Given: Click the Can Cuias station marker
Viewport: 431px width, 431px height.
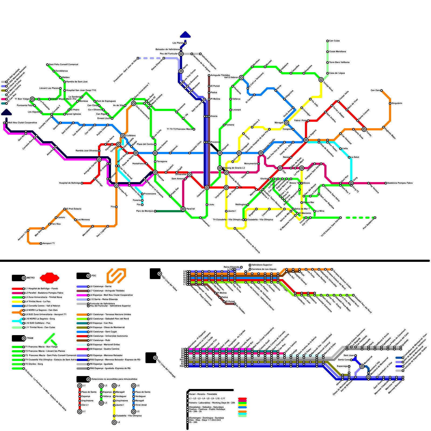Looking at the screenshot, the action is point(328,41).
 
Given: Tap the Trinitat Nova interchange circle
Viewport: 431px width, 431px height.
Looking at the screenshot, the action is point(321,80).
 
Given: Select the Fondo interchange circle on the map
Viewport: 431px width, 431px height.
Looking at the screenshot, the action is point(364,129).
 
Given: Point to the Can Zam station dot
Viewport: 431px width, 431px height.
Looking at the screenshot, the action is point(381,91).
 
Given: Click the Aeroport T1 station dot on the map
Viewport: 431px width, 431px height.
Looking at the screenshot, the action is point(41,244).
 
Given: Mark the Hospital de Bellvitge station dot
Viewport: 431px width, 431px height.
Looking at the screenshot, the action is point(82,183).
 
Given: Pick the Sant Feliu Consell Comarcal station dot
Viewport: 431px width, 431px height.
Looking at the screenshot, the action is point(47,65).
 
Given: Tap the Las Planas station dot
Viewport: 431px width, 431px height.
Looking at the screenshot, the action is point(185,43).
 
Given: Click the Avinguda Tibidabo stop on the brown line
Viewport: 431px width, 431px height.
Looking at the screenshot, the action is point(209,75).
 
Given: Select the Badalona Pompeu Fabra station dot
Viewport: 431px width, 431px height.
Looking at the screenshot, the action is point(386,183).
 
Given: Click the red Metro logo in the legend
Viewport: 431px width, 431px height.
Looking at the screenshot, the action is point(50,278).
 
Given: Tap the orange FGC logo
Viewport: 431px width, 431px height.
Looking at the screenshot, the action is point(116,276).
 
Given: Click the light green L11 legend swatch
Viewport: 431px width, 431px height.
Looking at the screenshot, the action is point(17,328).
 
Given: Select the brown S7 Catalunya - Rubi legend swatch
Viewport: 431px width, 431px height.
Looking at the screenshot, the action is point(82,340).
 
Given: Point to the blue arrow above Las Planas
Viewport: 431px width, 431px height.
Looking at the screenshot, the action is point(185,35).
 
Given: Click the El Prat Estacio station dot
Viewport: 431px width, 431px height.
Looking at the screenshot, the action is point(65,209).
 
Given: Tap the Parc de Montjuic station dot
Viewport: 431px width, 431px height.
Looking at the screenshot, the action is point(155,211).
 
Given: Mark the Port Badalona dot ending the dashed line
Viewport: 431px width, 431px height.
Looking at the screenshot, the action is point(375,218).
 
